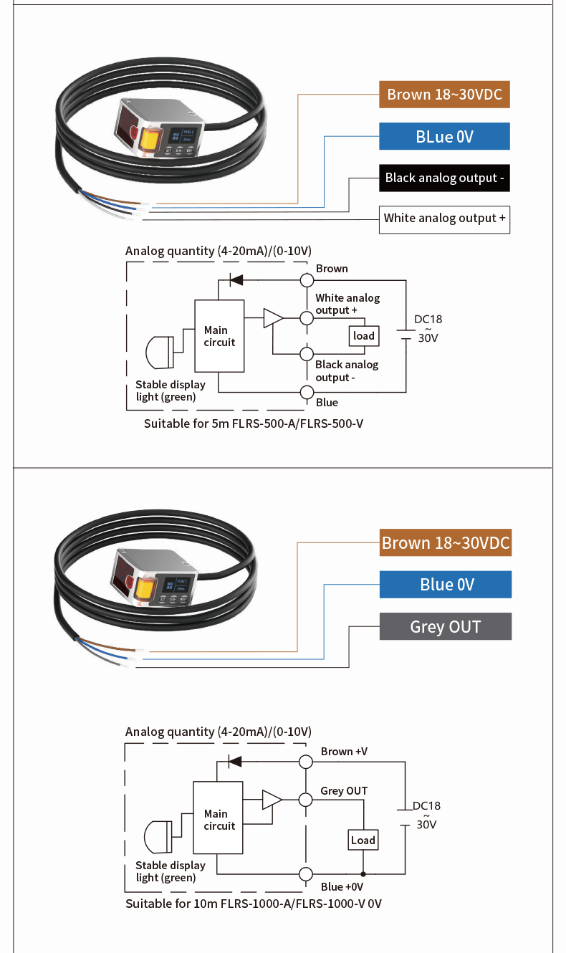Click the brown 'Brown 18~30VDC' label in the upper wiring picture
point(444,95)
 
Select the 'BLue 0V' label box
point(444,136)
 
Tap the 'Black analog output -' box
point(444,178)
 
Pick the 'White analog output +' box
point(444,219)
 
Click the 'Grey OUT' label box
point(445,626)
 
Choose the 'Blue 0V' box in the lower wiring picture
point(445,585)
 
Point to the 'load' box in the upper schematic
point(364,336)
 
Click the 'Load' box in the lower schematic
point(363,840)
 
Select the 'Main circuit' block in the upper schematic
point(219,336)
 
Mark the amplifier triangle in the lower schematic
point(272,800)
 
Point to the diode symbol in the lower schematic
point(234,762)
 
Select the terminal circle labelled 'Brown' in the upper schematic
point(307,279)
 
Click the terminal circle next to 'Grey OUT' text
point(306,800)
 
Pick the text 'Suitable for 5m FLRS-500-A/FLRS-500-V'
point(254,423)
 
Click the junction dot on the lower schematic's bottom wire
point(363,874)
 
